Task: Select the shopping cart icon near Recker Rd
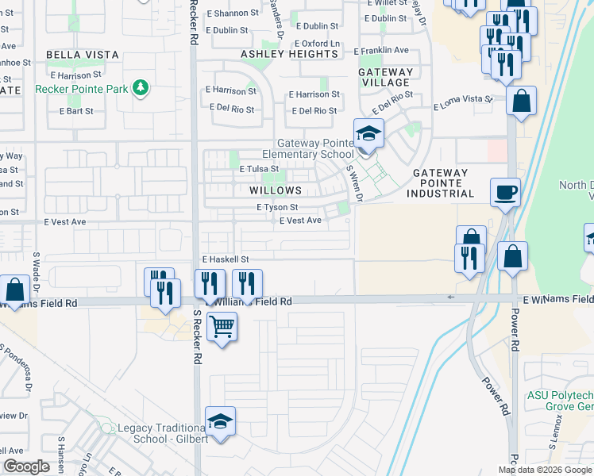[222, 325]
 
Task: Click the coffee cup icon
[506, 192]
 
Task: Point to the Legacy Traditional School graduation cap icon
[221, 421]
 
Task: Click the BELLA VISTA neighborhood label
[83, 55]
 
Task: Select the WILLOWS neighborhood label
[276, 190]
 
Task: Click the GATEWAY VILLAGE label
[386, 77]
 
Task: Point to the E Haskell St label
[226, 259]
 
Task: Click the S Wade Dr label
[37, 271]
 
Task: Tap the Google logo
[25, 466]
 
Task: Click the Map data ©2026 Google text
[544, 470]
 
